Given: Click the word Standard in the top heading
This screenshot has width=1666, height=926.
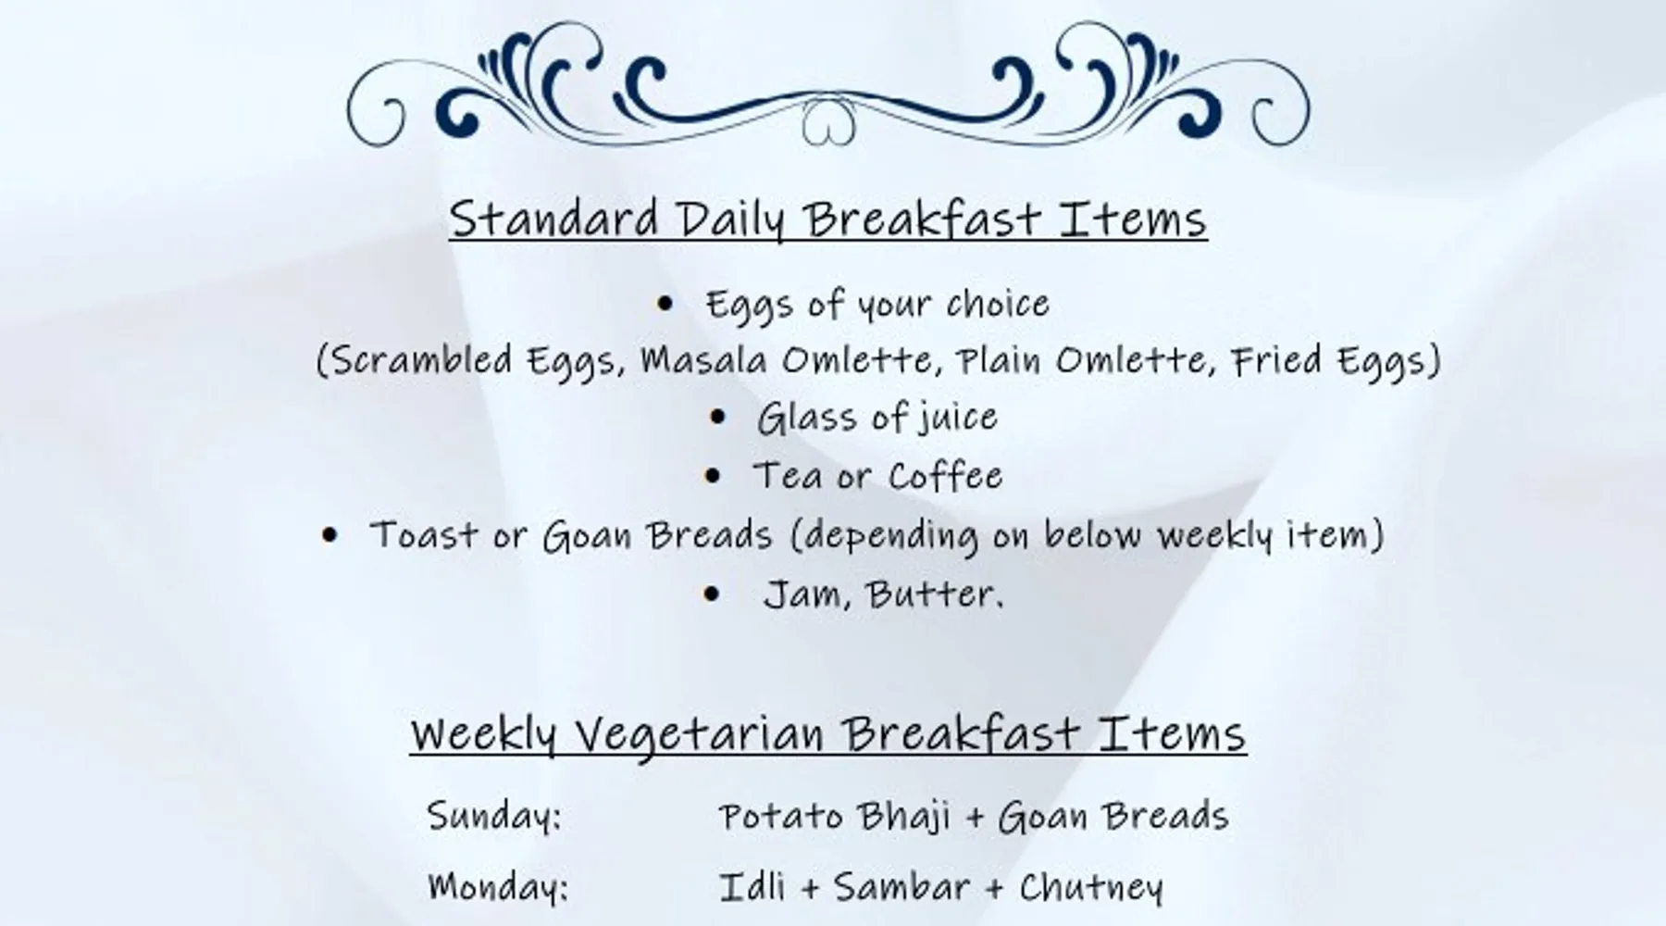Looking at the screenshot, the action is [x=554, y=219].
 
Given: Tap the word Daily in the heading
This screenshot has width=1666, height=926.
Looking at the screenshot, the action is [x=730, y=220].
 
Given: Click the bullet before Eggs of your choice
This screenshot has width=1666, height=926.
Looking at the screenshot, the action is [x=665, y=303].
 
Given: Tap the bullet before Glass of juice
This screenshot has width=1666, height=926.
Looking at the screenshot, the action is [x=718, y=418].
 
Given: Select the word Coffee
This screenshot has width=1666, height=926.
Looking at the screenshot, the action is [x=945, y=475].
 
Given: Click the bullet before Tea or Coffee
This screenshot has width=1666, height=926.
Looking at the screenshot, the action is [x=712, y=476].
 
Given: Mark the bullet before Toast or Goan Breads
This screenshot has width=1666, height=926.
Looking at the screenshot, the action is [x=329, y=534].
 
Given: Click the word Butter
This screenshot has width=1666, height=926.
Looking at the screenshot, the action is [x=933, y=594].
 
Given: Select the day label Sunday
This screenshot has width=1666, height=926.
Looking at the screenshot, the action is [x=494, y=816].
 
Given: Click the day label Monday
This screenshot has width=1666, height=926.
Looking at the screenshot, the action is [x=498, y=886].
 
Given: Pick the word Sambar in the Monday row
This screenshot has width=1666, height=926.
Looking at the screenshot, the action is [x=902, y=886].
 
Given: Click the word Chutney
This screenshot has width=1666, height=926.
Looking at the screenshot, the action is [x=1091, y=886].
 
